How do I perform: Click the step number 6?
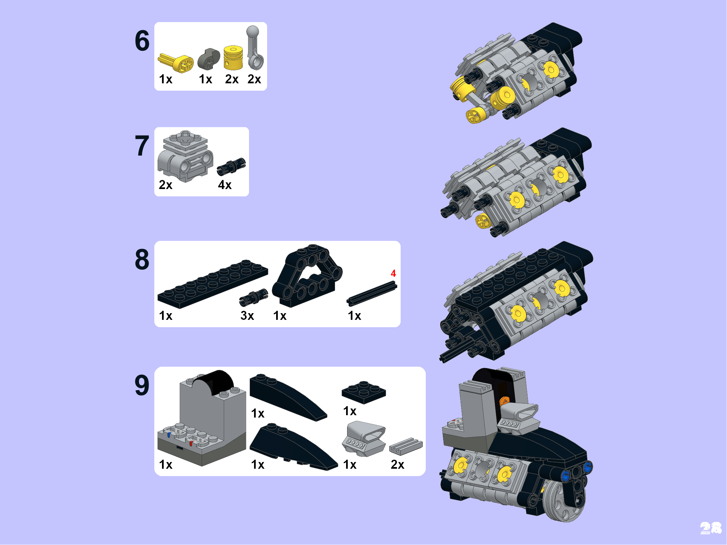[142, 41]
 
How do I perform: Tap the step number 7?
[142, 146]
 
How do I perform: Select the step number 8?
[142, 259]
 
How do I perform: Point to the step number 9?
[142, 385]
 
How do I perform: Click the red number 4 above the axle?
[393, 273]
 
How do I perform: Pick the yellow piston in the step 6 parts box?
[233, 58]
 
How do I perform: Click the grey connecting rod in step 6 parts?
[255, 48]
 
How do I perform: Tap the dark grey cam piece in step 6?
[208, 59]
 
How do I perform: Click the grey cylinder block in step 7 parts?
[185, 156]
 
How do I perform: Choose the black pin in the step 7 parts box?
[231, 166]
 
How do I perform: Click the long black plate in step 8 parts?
[213, 284]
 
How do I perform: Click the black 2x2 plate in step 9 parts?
[364, 392]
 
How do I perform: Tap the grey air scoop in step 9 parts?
[364, 439]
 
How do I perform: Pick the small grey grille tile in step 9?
[406, 446]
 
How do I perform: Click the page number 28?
[711, 528]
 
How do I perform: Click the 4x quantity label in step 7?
[225, 185]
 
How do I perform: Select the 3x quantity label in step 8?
[247, 315]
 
